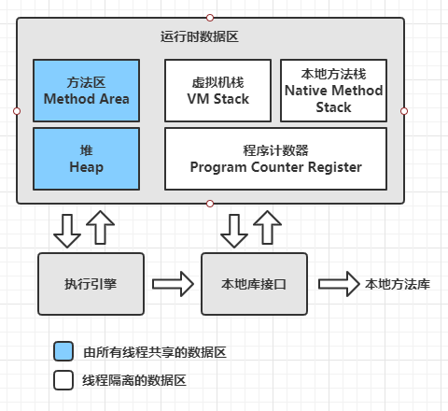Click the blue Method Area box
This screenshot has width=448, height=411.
click(86, 91)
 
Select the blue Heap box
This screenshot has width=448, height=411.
click(86, 159)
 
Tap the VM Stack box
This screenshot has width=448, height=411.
click(217, 91)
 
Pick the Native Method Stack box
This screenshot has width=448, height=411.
click(333, 91)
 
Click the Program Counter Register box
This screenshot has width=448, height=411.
click(275, 159)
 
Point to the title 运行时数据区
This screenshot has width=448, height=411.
click(200, 36)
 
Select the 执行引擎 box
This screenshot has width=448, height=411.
click(91, 284)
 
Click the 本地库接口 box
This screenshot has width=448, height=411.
click(254, 284)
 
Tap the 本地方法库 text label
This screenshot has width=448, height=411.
click(398, 284)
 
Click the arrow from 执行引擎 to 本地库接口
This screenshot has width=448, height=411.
click(173, 284)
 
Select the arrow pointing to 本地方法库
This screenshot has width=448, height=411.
click(339, 284)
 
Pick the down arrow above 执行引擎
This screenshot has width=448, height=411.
click(67, 231)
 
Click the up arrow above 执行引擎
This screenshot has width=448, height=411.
click(100, 227)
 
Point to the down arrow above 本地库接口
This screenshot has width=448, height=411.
click(234, 231)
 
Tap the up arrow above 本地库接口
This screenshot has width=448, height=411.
click(267, 227)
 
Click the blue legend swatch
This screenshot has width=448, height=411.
click(63, 351)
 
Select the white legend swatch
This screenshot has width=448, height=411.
click(63, 380)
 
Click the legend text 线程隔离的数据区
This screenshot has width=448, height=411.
click(134, 380)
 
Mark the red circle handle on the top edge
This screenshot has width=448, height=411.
click(210, 18)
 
